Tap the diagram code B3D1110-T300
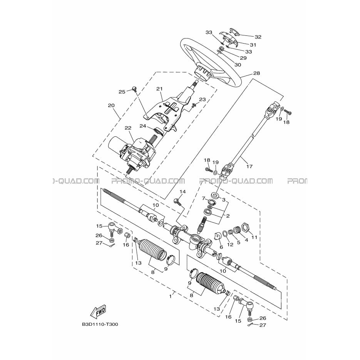pyautogui.click(x=100, y=325)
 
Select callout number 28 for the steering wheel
pyautogui.click(x=256, y=73)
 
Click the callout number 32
pyautogui.click(x=258, y=37)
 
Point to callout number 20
pyautogui.click(x=111, y=105)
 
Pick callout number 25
pyautogui.click(x=122, y=92)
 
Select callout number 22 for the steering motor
pyautogui.click(x=128, y=128)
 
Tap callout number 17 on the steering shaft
pyautogui.click(x=249, y=166)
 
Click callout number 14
pyautogui.click(x=183, y=192)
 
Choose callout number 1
pyautogui.click(x=170, y=296)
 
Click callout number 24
pyautogui.click(x=143, y=126)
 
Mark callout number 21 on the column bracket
pyautogui.click(x=159, y=89)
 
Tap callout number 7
pyautogui.click(x=203, y=198)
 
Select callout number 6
pyautogui.click(x=221, y=247)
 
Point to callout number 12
pyautogui.click(x=230, y=245)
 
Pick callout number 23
pyautogui.click(x=203, y=100)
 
